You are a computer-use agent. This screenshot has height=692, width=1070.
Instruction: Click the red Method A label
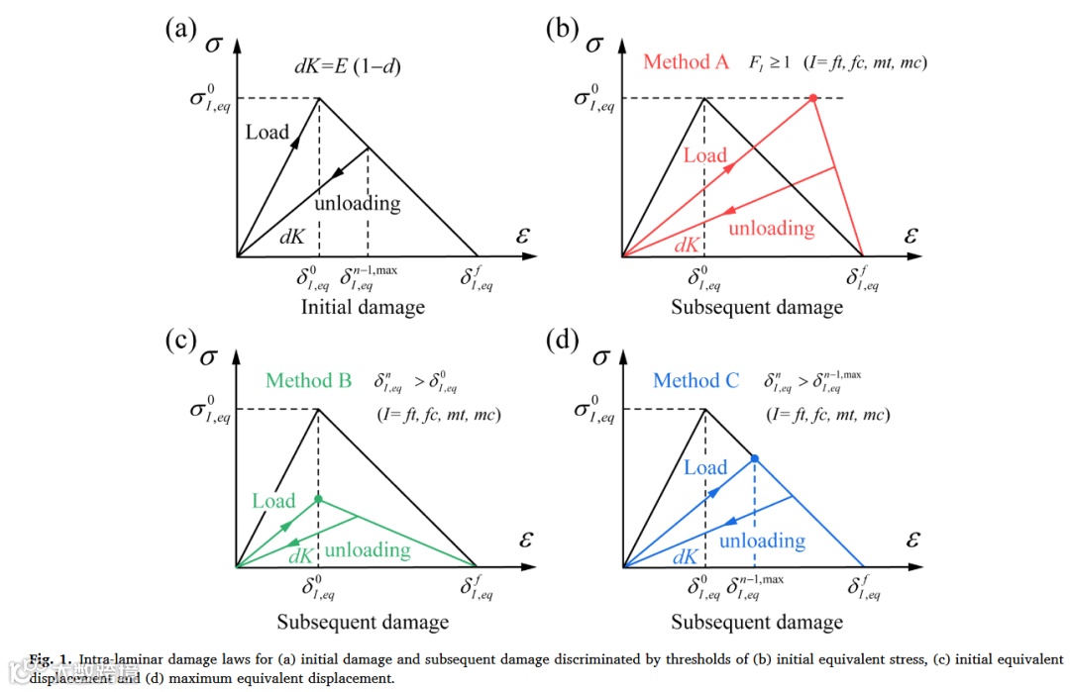[686, 61]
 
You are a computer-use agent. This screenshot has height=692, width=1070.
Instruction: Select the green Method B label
[308, 380]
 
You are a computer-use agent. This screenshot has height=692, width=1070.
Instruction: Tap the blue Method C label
[695, 380]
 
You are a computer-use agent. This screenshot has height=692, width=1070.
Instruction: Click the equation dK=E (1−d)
[345, 68]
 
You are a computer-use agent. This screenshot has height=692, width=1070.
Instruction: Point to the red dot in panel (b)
[812, 98]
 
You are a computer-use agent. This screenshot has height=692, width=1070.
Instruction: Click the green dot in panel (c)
[318, 499]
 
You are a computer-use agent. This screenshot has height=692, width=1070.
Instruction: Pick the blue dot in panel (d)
[754, 457]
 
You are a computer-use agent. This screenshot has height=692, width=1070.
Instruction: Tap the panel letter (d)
[564, 342]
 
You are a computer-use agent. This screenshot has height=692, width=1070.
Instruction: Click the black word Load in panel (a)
[267, 132]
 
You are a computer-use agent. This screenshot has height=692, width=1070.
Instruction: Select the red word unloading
[771, 228]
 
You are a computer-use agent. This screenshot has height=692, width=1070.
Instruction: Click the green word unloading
[368, 549]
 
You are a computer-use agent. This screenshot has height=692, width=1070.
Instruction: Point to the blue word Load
[705, 467]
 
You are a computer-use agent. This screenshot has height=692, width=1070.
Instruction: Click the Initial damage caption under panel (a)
[363, 307]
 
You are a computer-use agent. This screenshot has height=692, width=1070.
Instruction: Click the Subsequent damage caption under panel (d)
[757, 622]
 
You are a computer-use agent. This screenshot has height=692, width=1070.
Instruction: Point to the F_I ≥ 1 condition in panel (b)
[768, 62]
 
